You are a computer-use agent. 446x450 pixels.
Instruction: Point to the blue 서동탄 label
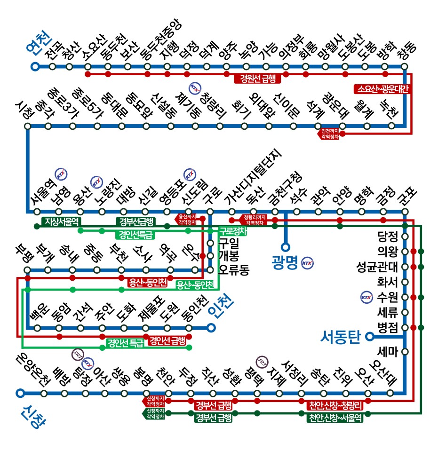(340, 337)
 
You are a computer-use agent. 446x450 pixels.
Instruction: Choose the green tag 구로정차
(234, 231)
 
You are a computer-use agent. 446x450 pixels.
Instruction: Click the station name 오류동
(234, 271)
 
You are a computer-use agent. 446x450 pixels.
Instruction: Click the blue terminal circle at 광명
(285, 246)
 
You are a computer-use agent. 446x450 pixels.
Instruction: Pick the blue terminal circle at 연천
(34, 66)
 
